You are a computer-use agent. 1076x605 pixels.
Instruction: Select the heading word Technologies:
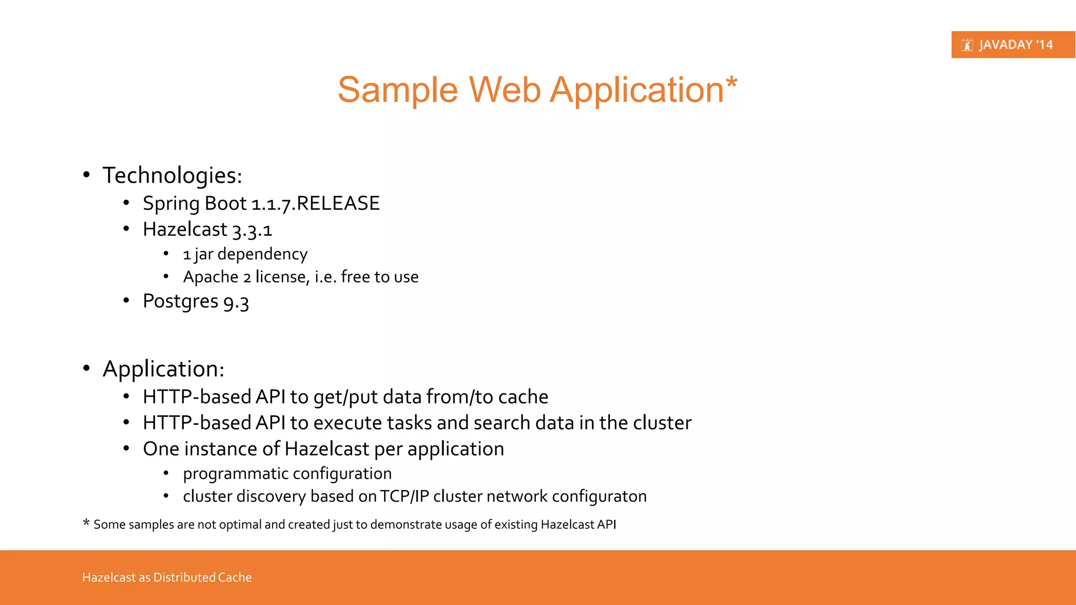tap(172, 175)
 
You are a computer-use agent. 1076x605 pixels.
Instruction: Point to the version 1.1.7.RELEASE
tap(315, 204)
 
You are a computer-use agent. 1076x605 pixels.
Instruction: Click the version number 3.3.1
tap(252, 230)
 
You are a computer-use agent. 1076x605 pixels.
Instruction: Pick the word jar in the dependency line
tap(203, 255)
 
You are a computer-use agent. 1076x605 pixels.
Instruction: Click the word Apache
tap(211, 277)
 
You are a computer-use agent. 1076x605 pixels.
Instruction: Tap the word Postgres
tap(180, 301)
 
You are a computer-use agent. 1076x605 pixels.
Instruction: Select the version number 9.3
tap(236, 302)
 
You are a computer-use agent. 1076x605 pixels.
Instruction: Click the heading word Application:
tap(163, 369)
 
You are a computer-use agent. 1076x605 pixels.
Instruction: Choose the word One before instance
tap(161, 449)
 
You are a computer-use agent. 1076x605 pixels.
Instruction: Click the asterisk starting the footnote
tap(86, 523)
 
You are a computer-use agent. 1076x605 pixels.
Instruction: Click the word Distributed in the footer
tap(184, 578)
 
